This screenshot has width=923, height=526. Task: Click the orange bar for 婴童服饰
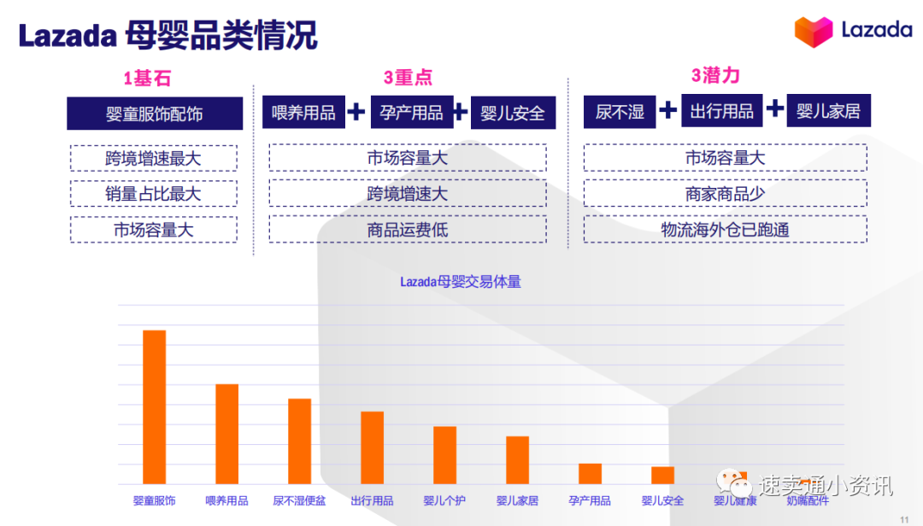click(x=154, y=407)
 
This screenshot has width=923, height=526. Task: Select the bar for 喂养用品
click(x=226, y=434)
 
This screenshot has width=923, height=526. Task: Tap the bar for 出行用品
click(x=372, y=447)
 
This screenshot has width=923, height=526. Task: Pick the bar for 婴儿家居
click(x=517, y=460)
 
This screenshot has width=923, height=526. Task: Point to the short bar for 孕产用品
click(x=590, y=474)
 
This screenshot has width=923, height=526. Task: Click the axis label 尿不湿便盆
click(x=299, y=500)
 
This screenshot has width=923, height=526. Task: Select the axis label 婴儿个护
click(x=444, y=500)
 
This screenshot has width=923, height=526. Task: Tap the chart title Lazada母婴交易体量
click(x=461, y=282)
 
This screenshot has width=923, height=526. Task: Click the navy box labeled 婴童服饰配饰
click(x=155, y=114)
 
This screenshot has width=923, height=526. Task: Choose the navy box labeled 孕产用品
click(x=411, y=112)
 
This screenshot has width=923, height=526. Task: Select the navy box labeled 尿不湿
click(x=620, y=112)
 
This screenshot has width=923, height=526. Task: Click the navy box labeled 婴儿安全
click(x=513, y=113)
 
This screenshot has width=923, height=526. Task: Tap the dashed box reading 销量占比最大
click(x=153, y=194)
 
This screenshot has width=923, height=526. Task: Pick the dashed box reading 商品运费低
click(x=408, y=229)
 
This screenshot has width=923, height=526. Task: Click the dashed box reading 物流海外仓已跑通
click(x=725, y=229)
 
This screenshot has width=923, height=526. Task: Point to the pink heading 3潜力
click(x=715, y=75)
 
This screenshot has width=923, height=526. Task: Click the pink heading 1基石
click(x=147, y=79)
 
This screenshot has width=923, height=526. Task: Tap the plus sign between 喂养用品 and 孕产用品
click(x=356, y=112)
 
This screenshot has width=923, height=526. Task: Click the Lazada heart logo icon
click(x=813, y=32)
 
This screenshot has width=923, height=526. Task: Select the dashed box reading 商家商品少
click(x=725, y=194)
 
